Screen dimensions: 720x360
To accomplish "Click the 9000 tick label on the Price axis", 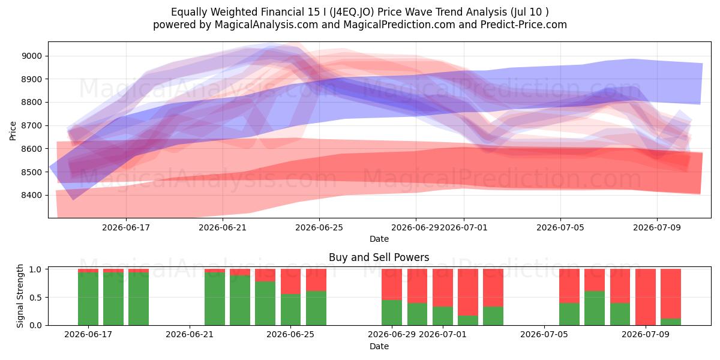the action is click(x=31, y=56).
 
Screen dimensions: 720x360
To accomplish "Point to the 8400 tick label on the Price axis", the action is click(x=31, y=195).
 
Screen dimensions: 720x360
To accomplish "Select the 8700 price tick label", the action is click(x=31, y=125).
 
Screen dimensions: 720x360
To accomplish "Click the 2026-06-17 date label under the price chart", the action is click(x=126, y=227).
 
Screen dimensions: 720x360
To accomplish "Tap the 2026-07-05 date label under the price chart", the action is click(x=560, y=227).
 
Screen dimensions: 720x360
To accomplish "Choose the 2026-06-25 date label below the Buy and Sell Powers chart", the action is click(x=290, y=334).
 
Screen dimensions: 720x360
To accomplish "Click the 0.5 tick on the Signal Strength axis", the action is click(x=35, y=298).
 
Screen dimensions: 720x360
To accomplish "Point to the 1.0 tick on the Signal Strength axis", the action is click(x=35, y=269).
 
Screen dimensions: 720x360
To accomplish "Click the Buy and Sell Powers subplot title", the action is click(x=379, y=257).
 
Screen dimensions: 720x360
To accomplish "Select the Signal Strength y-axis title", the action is click(x=20, y=296).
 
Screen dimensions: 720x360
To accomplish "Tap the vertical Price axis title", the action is click(x=13, y=131).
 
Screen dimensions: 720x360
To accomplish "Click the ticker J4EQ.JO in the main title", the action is click(x=352, y=12).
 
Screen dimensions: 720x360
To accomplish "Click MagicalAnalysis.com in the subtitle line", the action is click(x=266, y=25).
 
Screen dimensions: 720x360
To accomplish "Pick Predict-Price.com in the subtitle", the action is click(x=524, y=25).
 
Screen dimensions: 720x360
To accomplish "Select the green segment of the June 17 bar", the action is click(x=88, y=299).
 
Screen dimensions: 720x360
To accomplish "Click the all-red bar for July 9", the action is click(x=646, y=297).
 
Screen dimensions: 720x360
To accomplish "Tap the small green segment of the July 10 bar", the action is click(x=671, y=322).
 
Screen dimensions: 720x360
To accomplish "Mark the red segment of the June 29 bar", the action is click(x=392, y=284).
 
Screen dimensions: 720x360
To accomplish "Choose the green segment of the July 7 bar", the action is click(x=595, y=308).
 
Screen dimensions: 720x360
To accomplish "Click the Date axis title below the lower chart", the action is click(x=379, y=346).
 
